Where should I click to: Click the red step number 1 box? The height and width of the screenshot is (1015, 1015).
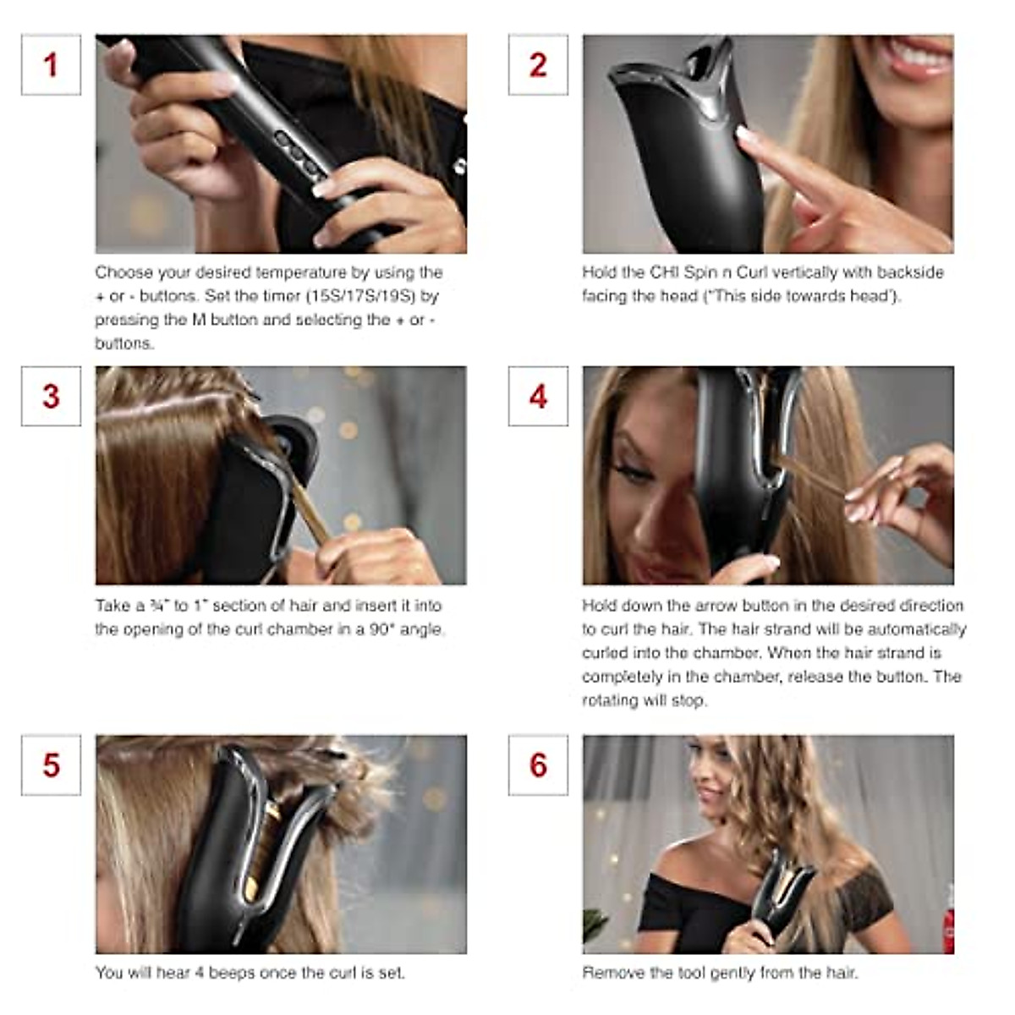click(51, 65)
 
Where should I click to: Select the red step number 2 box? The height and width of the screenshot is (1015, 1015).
click(538, 65)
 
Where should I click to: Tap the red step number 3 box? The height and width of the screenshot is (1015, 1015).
click(51, 397)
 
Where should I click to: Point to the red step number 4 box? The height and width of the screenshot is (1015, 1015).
click(538, 397)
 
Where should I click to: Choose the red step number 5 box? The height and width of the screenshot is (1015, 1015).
click(51, 765)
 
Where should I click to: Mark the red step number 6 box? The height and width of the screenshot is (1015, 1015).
click(538, 765)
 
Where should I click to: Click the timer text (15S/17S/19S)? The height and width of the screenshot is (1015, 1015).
click(371, 296)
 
